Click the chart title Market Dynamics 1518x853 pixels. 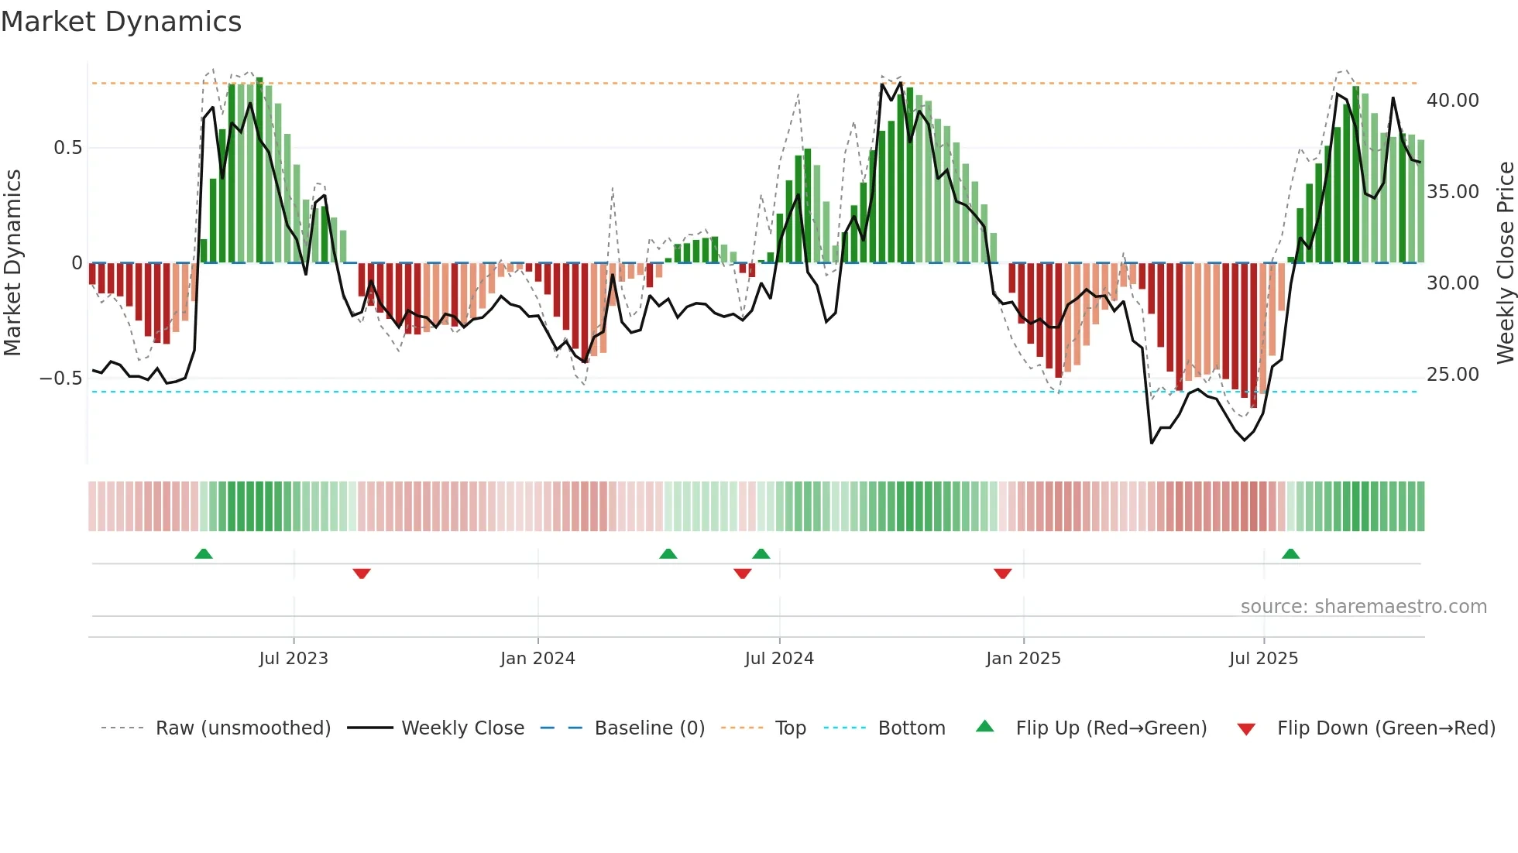(121, 22)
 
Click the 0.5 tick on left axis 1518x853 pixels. (67, 148)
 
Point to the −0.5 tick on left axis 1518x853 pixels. (60, 379)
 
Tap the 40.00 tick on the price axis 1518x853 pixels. (1452, 101)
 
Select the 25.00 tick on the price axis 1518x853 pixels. (1452, 375)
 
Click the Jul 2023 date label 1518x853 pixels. (294, 659)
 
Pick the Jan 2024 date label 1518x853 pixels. (537, 659)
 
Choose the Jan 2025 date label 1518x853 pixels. (1023, 659)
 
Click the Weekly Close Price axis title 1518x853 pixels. (1505, 262)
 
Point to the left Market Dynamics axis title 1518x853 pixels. (12, 262)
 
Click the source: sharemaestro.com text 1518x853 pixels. (1363, 607)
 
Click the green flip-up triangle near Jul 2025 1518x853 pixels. (1290, 554)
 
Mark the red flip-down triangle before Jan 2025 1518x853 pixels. (1002, 574)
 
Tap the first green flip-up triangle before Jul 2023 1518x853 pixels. (204, 554)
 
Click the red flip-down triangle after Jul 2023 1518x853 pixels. (362, 574)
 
